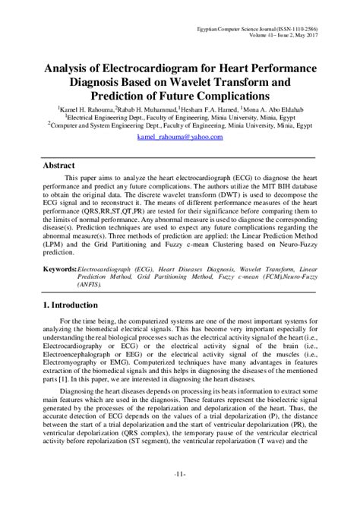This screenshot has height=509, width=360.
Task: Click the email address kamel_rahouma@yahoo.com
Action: pyautogui.click(x=179, y=138)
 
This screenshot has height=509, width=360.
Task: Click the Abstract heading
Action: pyautogui.click(x=59, y=163)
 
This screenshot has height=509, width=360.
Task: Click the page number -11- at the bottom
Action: pyautogui.click(x=180, y=495)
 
